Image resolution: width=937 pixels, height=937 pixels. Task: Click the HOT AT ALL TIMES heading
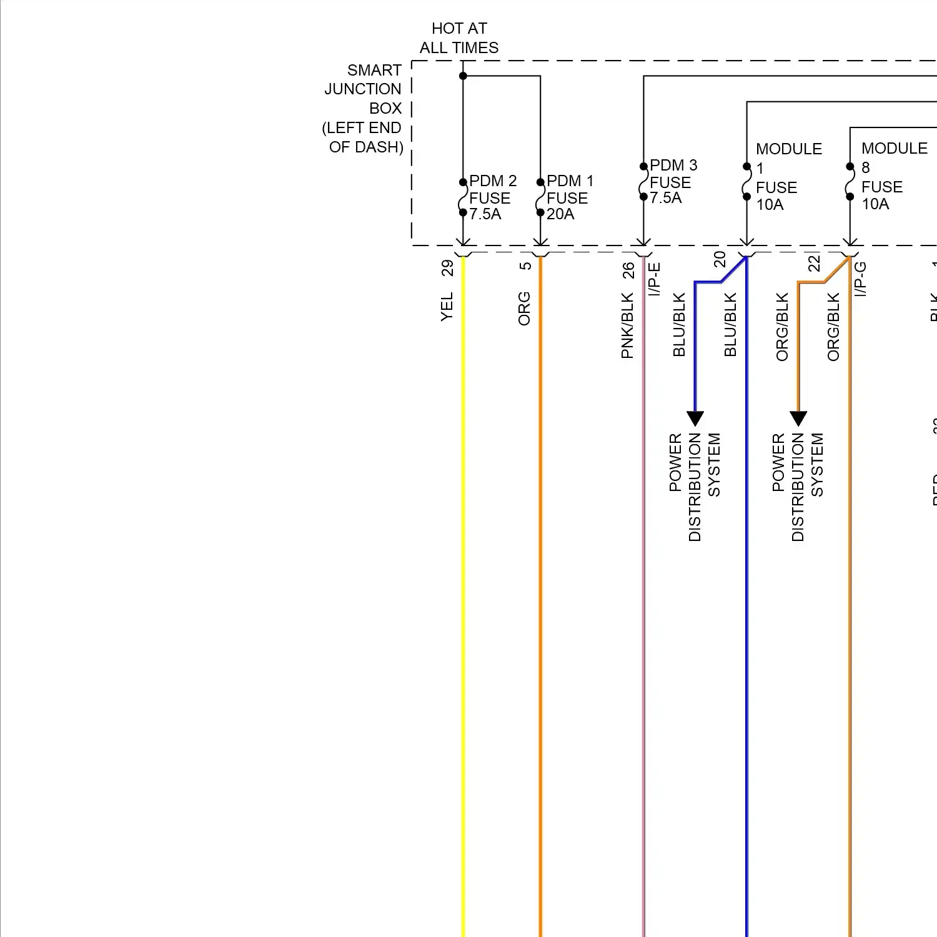tap(459, 38)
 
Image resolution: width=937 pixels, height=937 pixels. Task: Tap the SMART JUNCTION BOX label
tap(364, 108)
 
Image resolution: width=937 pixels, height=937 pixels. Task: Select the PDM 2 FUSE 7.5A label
tap(492, 197)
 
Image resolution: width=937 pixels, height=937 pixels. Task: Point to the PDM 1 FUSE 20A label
tap(569, 197)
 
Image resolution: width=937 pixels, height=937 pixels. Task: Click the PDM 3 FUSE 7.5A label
tap(673, 182)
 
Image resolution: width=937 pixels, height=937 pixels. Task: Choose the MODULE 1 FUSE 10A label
tap(788, 177)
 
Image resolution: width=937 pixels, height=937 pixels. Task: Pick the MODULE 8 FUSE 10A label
tap(893, 176)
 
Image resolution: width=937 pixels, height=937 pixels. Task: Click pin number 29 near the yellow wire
tap(447, 268)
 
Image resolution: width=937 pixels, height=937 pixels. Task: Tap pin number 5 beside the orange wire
tap(525, 265)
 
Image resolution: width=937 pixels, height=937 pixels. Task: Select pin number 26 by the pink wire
tap(628, 270)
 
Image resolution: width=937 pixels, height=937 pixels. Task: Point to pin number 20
tap(720, 259)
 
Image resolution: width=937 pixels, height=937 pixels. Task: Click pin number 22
tap(814, 263)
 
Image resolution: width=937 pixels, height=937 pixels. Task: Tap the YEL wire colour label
tap(447, 307)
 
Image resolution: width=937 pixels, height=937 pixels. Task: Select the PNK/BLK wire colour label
tap(628, 326)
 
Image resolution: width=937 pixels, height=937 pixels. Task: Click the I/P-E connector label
tap(654, 279)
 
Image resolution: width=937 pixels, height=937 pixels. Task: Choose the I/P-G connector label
tap(860, 279)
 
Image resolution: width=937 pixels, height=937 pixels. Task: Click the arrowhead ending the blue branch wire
tap(695, 418)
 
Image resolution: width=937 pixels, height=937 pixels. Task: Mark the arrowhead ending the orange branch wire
tap(798, 418)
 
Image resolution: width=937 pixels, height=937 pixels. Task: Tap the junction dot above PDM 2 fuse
tap(463, 76)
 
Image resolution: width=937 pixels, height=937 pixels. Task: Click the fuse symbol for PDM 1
tap(540, 197)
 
